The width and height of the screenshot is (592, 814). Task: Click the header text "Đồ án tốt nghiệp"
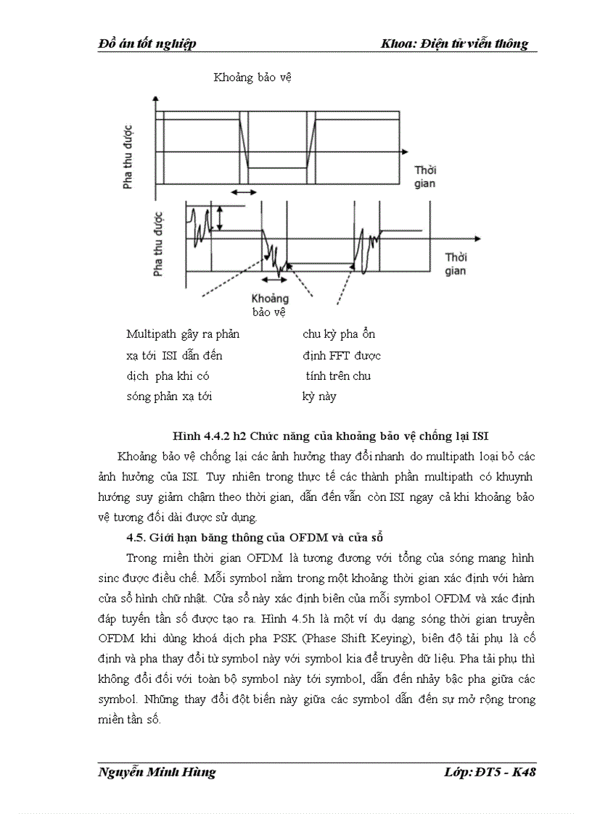point(147,44)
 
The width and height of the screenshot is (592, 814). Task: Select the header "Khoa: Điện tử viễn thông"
point(455,44)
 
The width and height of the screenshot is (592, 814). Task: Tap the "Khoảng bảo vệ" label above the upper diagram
point(252,78)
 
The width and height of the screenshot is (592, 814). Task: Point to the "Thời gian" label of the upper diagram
point(425,177)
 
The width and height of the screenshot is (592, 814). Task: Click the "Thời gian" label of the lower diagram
point(456,265)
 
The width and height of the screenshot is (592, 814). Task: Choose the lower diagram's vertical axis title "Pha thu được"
point(158,243)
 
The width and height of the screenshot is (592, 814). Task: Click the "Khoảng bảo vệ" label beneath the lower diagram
point(270,305)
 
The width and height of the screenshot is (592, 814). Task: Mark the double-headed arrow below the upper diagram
point(243,192)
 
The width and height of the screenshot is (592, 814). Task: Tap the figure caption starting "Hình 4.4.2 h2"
point(330,436)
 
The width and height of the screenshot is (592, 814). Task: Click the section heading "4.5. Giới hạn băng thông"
point(254,537)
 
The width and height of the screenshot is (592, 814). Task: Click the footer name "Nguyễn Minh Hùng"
point(157,772)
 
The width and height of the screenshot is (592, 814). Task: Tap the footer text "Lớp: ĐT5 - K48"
point(490,772)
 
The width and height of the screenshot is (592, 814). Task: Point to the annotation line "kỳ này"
point(319,396)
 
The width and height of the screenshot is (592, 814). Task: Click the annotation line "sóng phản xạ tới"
point(169,396)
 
